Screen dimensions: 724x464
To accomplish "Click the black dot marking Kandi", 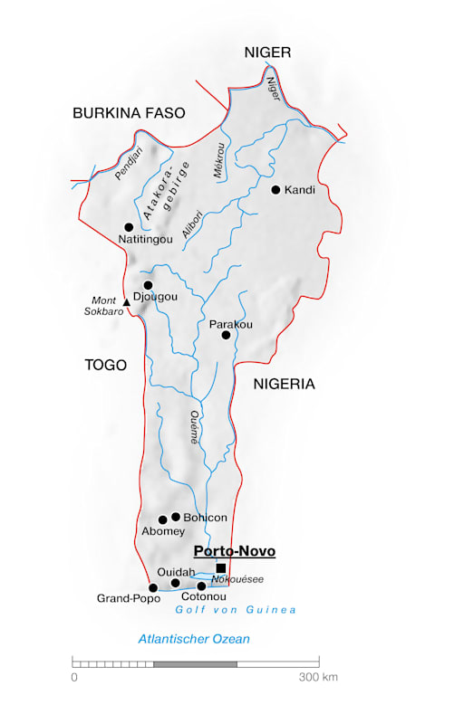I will [x=275, y=190].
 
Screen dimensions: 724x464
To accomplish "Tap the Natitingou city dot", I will [x=129, y=227].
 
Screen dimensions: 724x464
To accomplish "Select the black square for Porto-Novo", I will [x=220, y=568].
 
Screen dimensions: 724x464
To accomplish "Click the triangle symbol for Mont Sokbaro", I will [x=127, y=302].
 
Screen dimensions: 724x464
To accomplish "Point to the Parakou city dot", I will [x=227, y=335].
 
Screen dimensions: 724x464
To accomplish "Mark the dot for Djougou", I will [x=148, y=285].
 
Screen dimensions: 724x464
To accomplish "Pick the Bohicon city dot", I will [x=176, y=517].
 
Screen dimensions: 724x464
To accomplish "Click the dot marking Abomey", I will [x=163, y=520].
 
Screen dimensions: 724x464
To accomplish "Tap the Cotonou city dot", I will [x=202, y=586].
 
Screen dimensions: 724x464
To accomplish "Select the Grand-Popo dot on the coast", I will [x=153, y=588].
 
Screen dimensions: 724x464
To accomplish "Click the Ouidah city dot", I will [x=176, y=584].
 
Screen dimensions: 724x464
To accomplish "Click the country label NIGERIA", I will [x=284, y=384].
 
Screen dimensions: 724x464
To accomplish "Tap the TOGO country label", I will [x=105, y=365].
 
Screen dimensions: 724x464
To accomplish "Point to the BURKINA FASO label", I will [x=129, y=113].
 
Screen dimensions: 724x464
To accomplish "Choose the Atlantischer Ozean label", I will [x=194, y=639].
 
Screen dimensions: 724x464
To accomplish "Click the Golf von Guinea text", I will [x=236, y=610].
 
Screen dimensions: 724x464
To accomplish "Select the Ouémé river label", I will [x=193, y=426].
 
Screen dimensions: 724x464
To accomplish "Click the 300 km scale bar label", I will [x=317, y=676].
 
